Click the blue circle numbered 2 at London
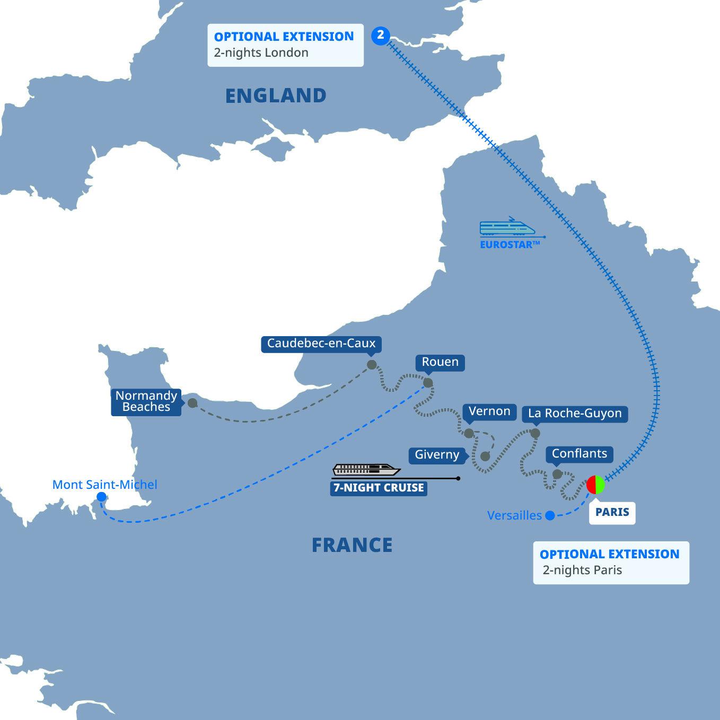coord(380,36)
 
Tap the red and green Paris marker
coord(595,485)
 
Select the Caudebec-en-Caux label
coord(321,344)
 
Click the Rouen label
coord(440,363)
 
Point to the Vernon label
coord(489,411)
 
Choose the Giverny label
coord(437,455)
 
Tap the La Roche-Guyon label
coord(575,414)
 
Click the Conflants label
coord(579,454)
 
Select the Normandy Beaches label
coord(146,402)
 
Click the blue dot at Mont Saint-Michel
coord(101,497)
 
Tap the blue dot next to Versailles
coord(550,515)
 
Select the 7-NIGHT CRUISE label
coord(379,488)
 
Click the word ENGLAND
coord(276,96)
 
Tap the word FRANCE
coord(352,545)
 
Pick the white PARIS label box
coord(612,512)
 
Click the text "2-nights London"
coord(261,53)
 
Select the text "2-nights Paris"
coord(582,570)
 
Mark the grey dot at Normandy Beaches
coord(192,403)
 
